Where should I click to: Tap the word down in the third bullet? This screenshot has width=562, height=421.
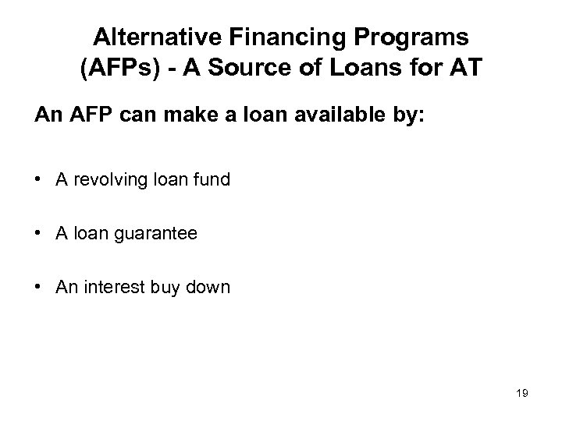point(210,287)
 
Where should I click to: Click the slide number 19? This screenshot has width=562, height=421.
point(522,394)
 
